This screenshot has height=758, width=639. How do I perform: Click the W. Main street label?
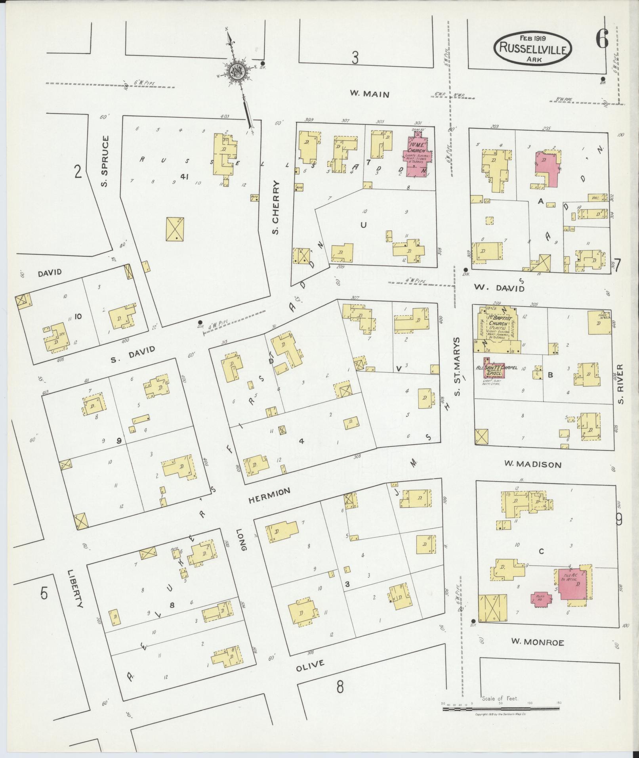(x=369, y=94)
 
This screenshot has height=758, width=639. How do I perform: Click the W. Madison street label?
(x=533, y=464)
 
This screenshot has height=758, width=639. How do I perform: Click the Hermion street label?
(x=269, y=496)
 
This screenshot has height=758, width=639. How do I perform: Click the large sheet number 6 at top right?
(x=601, y=40)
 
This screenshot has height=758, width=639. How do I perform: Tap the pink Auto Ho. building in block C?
(x=540, y=609)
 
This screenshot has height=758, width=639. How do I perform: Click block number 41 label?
(x=183, y=177)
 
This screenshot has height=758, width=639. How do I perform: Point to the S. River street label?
(x=620, y=384)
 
